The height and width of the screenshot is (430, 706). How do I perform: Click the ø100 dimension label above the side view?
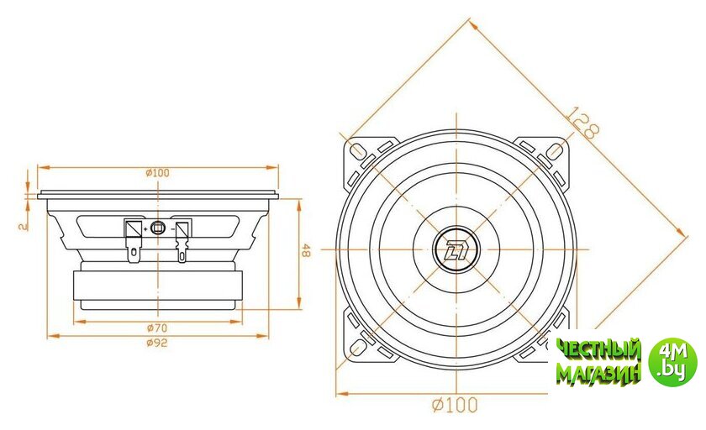[158, 173]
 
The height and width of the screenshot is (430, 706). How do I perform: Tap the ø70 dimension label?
[157, 328]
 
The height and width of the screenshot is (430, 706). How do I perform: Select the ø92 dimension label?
[157, 343]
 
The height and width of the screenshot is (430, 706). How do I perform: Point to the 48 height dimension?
[306, 250]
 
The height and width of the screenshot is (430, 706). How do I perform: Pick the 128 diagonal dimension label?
[582, 122]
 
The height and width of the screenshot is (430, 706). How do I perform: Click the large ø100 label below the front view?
[455, 405]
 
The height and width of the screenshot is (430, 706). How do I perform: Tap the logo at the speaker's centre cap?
[456, 249]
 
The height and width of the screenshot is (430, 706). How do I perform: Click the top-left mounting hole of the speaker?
[358, 151]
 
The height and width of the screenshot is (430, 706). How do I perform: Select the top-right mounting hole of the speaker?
[556, 151]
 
